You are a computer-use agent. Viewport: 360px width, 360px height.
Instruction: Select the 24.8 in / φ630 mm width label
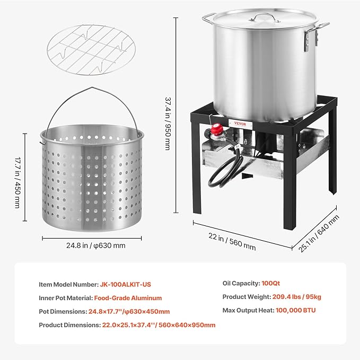(x=96, y=245)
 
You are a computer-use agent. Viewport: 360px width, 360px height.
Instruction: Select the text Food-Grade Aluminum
(x=128, y=298)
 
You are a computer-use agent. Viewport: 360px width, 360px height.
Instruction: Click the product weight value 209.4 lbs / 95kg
(x=302, y=297)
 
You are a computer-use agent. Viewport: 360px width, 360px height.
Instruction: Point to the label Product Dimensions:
(x=69, y=325)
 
